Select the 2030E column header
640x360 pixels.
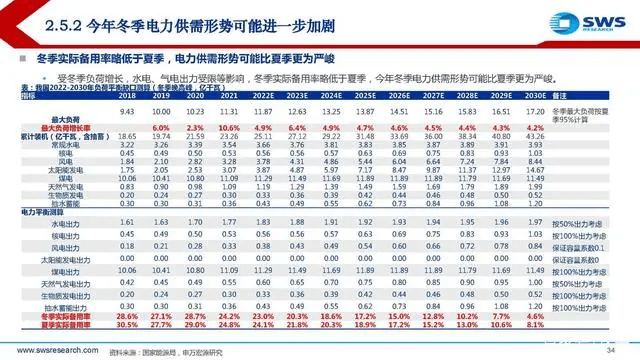click(x=563, y=96)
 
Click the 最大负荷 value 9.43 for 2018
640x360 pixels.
click(x=128, y=113)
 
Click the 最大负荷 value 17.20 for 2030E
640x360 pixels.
click(x=563, y=113)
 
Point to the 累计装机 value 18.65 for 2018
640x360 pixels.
click(x=128, y=137)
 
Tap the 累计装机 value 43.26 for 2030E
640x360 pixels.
click(x=563, y=137)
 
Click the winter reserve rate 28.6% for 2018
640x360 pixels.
click(x=128, y=316)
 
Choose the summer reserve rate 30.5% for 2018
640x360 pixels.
click(x=128, y=325)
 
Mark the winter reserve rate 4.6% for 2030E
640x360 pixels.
click(x=563, y=316)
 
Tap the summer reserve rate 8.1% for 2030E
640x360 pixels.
click(x=563, y=325)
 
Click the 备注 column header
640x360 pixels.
click(x=598, y=96)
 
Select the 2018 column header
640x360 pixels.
click(x=128, y=96)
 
